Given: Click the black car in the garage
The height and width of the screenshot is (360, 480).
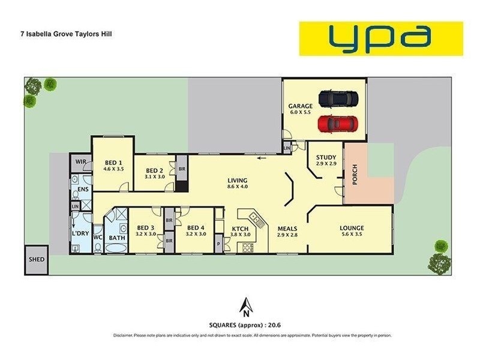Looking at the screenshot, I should [338, 97].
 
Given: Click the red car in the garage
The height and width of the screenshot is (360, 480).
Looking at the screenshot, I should [338, 124].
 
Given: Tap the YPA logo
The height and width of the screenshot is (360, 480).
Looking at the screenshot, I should [381, 38].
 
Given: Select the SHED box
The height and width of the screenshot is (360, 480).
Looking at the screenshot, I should [35, 260].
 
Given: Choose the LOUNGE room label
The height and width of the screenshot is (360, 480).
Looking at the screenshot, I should [352, 228].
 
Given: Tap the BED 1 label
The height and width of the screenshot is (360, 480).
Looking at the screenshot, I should [113, 163].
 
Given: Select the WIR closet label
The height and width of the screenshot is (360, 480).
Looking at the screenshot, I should [80, 162].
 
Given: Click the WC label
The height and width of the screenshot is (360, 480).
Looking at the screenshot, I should [97, 237].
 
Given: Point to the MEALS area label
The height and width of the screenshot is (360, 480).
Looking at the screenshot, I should [287, 228].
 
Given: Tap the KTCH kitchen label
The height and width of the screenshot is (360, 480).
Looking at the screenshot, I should [241, 228].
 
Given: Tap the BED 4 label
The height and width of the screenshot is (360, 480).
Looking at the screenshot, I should [196, 228].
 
